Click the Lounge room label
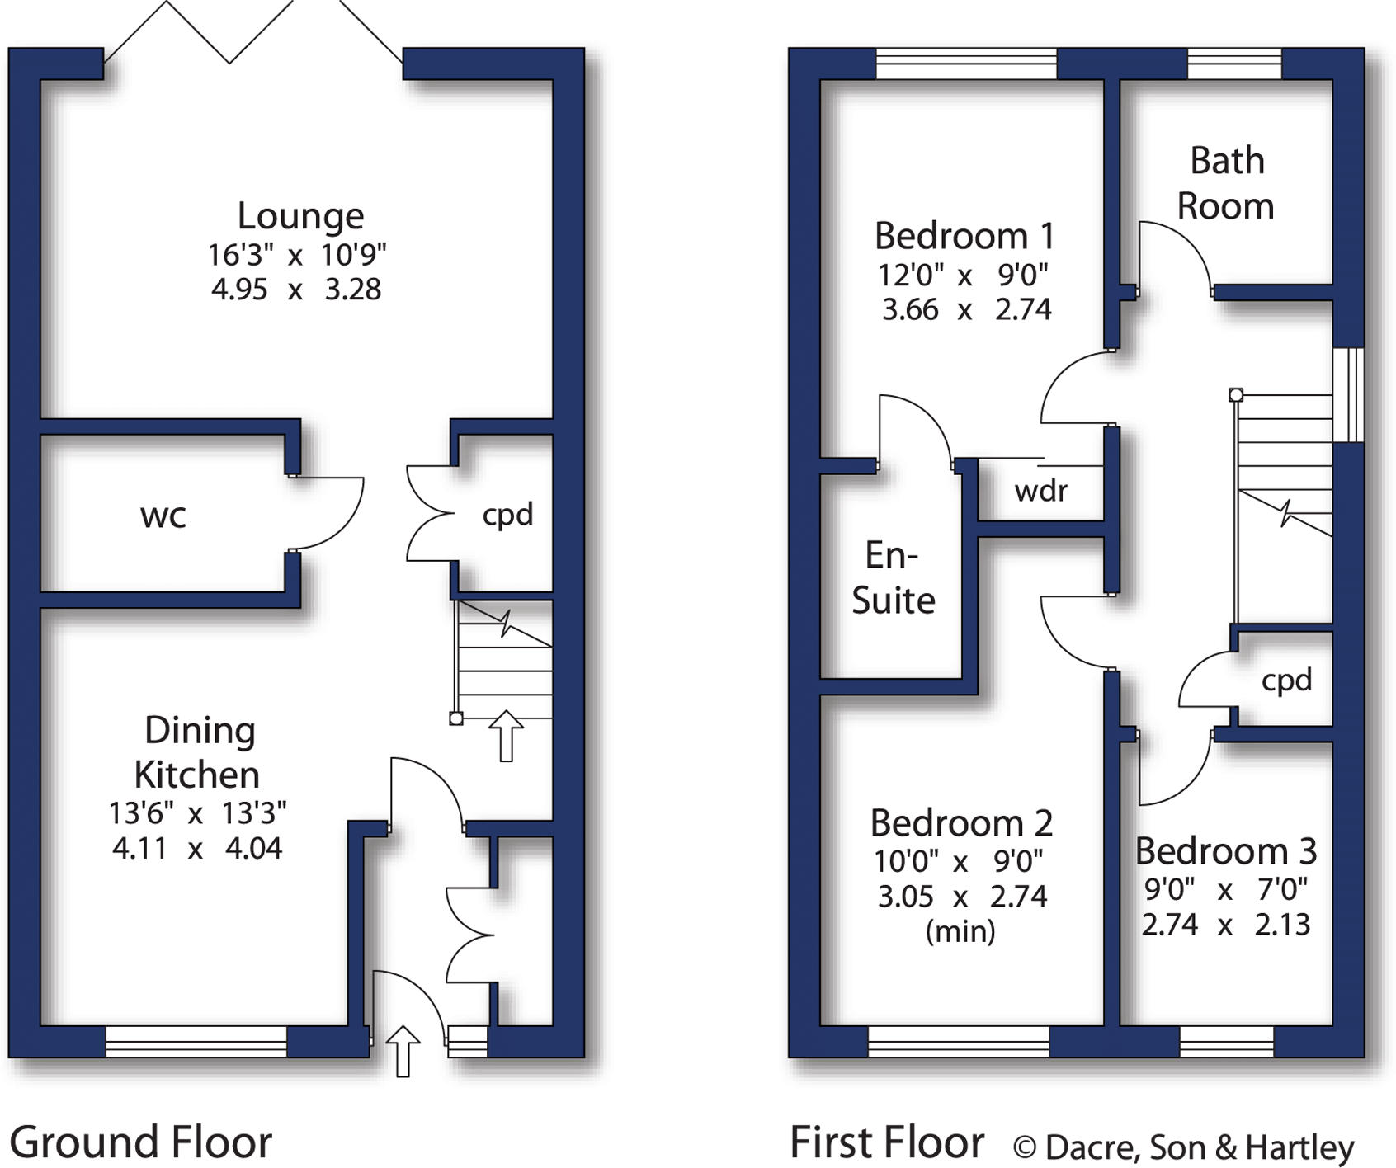[300, 216]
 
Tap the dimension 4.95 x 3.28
[296, 290]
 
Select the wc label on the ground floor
[163, 516]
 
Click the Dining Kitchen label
[198, 752]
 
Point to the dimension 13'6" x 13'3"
[198, 813]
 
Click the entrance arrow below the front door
[403, 1051]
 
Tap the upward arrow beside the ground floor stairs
[506, 736]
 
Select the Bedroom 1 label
[964, 236]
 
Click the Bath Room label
[1226, 183]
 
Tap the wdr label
[1040, 491]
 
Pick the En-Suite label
[893, 577]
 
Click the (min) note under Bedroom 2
[960, 931]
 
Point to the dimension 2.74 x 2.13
[1225, 925]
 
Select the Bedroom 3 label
[1225, 850]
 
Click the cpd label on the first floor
[1286, 680]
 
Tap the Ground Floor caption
[140, 1142]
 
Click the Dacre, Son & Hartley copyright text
[1183, 1147]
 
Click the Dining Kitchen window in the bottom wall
[196, 1042]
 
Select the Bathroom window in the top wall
[1234, 64]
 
